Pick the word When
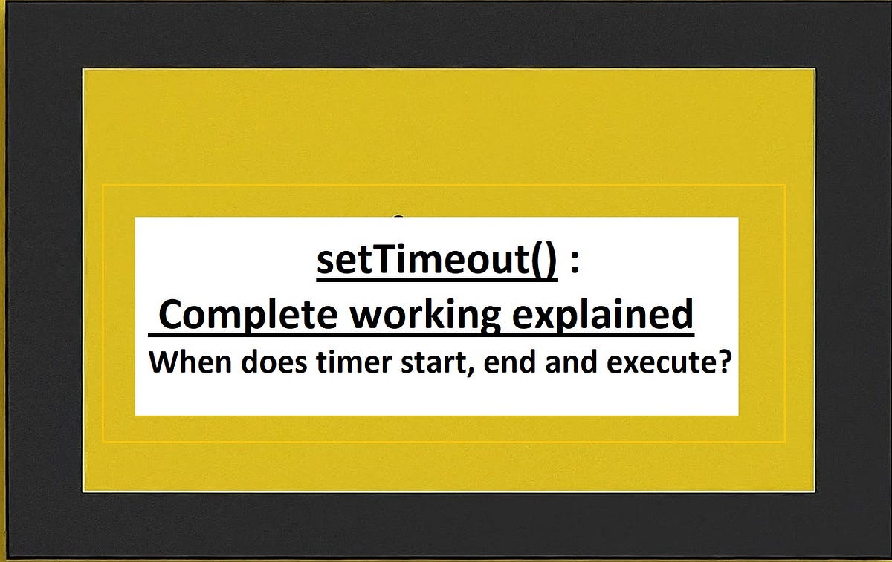[x=181, y=365]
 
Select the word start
[x=410, y=365]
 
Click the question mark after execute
[x=718, y=364]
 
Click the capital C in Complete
[x=172, y=316]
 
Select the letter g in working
[x=488, y=321]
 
